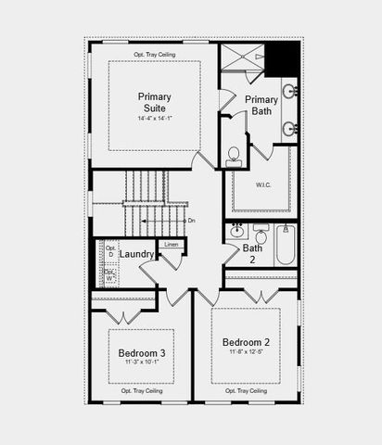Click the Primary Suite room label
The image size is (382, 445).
click(154, 102)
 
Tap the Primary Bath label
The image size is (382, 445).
click(261, 106)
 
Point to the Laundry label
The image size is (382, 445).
click(137, 254)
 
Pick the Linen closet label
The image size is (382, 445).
click(171, 244)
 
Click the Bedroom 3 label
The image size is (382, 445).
click(142, 353)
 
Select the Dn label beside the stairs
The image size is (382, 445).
click(191, 221)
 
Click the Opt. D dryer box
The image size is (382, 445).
click(109, 251)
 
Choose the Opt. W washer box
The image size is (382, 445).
click(109, 274)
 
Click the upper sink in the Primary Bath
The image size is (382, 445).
click(289, 92)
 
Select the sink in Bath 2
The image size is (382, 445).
click(236, 229)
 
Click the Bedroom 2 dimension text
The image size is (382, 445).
click(246, 352)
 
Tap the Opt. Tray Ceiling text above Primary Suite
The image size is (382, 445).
click(154, 54)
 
